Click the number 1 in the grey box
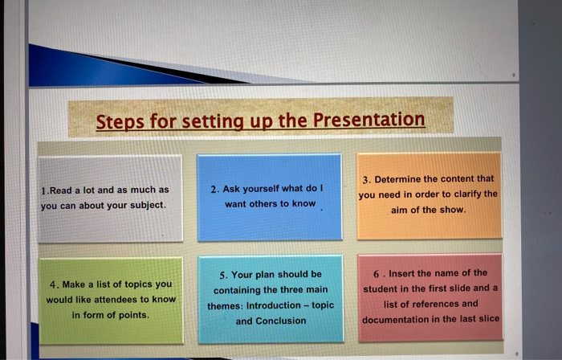(x=43, y=191)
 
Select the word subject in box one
(x=144, y=206)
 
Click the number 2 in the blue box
(x=214, y=189)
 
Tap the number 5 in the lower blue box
(x=222, y=274)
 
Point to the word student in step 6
(x=381, y=288)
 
